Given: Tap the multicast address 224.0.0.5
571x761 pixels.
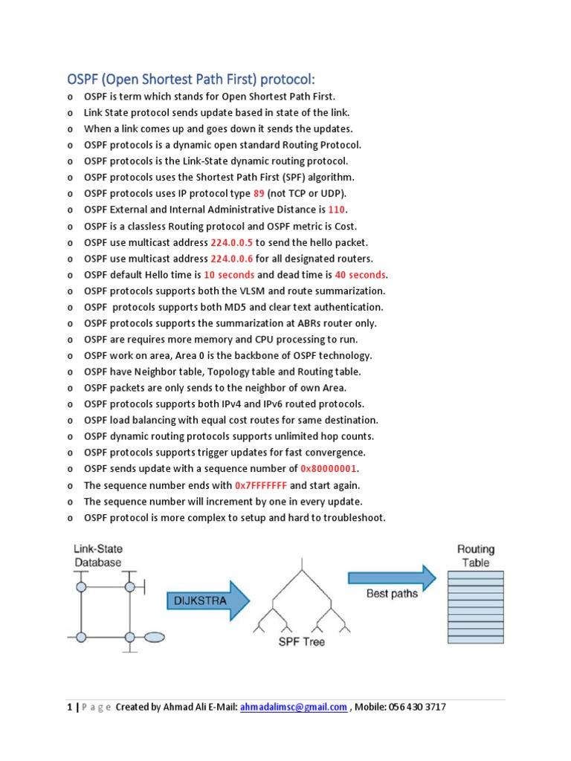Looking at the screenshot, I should pyautogui.click(x=232, y=242).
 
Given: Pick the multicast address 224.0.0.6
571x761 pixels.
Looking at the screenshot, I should pyautogui.click(x=232, y=259).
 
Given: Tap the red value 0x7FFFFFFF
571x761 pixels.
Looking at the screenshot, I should pyautogui.click(x=260, y=485).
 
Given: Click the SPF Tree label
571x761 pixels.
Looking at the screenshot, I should pyautogui.click(x=300, y=641).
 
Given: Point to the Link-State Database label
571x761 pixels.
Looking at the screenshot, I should pyautogui.click(x=97, y=556).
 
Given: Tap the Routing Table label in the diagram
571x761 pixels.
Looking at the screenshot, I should pyautogui.click(x=476, y=556).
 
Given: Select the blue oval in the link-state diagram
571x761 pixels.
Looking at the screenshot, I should pyautogui.click(x=154, y=637).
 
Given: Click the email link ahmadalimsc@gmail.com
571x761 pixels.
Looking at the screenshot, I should pyautogui.click(x=294, y=707).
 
